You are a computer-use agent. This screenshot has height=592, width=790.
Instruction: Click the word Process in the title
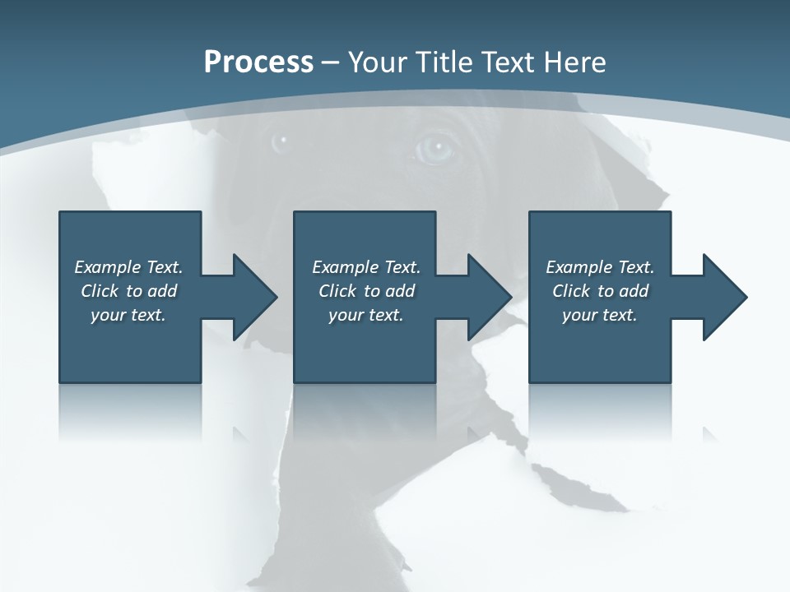point(258,62)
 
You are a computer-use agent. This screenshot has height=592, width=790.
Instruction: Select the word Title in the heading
point(443,62)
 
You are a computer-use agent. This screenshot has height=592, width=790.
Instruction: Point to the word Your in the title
point(376,62)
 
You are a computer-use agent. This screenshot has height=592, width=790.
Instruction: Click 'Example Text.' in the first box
point(128,267)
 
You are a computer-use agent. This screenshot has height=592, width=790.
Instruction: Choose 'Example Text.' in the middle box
point(366,267)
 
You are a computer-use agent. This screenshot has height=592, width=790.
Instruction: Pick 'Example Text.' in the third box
point(600,267)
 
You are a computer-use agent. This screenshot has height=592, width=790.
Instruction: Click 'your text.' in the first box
point(128,315)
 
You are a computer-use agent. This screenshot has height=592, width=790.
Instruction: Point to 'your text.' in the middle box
point(366,315)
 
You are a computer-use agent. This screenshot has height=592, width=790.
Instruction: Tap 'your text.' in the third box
point(600,315)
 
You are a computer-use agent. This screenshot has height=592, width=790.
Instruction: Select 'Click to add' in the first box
point(128,291)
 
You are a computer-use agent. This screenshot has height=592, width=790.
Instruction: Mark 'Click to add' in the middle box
point(366,291)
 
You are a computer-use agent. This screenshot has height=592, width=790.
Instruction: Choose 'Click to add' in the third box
point(600,291)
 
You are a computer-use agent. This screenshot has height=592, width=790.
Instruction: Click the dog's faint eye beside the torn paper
point(281,140)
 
